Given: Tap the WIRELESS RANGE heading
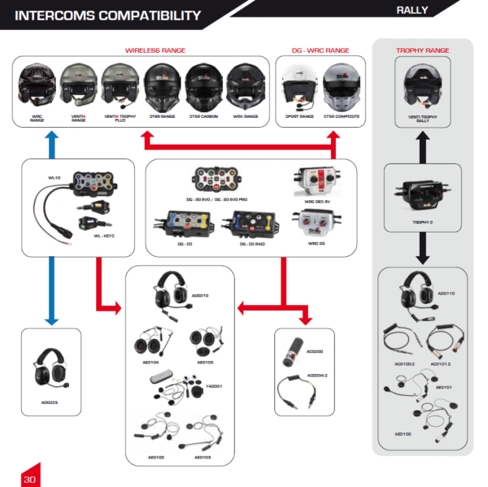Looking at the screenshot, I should tap(154, 50).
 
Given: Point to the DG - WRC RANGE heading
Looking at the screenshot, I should tap(320, 50).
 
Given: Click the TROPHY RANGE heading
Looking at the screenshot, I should tap(422, 50).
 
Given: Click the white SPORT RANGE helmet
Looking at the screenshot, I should tap(298, 86).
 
